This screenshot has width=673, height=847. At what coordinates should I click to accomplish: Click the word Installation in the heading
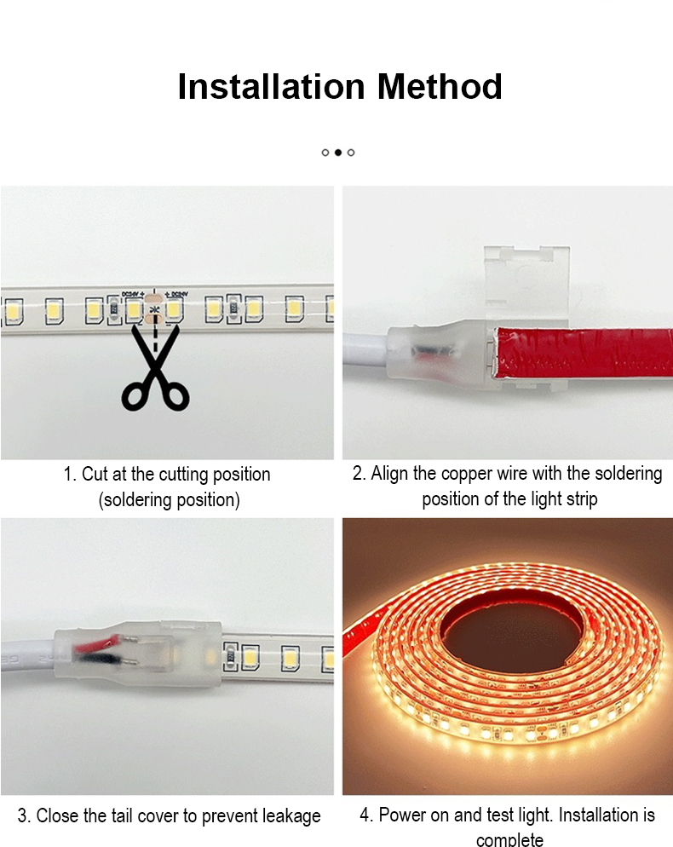pos(272,86)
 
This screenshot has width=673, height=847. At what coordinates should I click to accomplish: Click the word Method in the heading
pos(440,86)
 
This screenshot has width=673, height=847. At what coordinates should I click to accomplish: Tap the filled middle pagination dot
pos(338,153)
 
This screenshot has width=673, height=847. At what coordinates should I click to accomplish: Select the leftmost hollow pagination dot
pos(325,153)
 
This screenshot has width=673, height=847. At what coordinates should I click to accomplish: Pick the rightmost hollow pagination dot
pos(351,153)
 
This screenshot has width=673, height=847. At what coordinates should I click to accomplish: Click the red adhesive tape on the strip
pos(584,352)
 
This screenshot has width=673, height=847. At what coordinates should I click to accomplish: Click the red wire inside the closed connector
pos(98,642)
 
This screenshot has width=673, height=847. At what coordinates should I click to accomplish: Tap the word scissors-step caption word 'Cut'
pos(93,474)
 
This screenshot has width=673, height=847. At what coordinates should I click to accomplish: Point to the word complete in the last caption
pos(509,838)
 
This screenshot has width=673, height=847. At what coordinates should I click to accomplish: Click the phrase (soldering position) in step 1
pos(169,499)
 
